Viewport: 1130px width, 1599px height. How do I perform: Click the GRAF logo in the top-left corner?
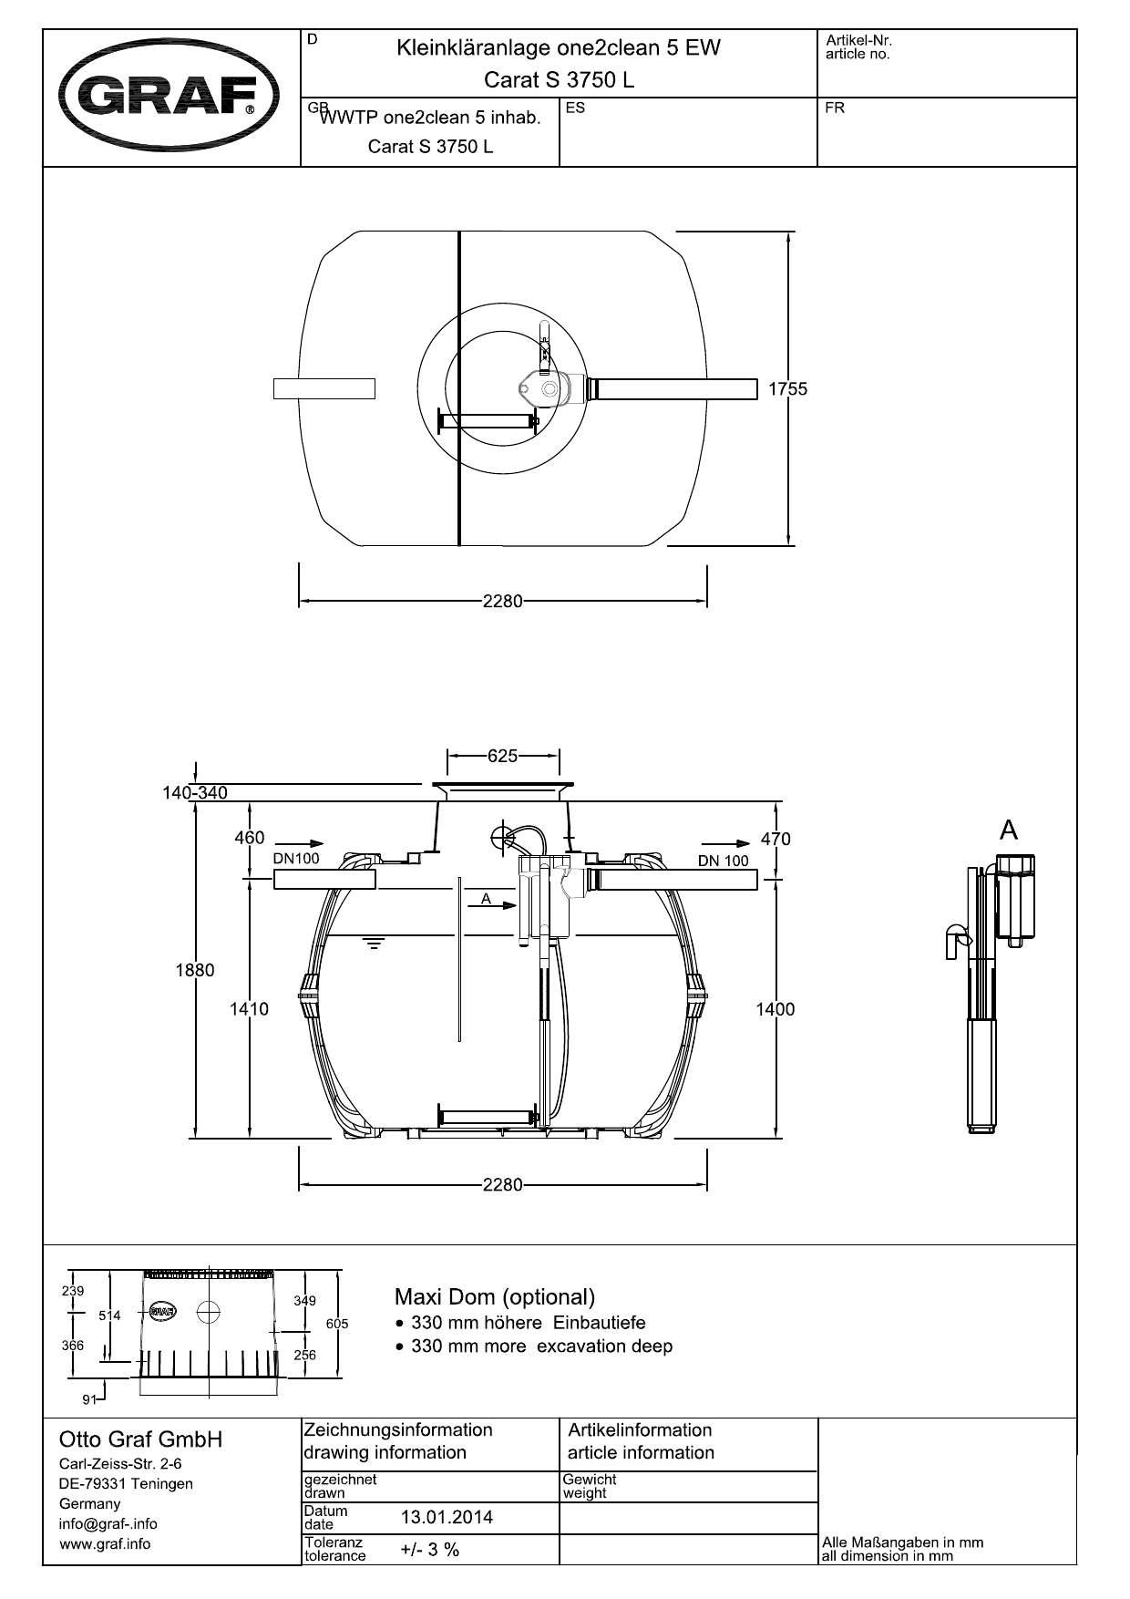[x=169, y=96]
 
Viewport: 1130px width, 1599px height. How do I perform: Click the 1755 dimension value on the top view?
[x=787, y=389]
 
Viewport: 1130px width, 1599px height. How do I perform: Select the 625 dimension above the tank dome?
[x=503, y=756]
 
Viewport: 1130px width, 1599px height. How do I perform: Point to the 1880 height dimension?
[x=195, y=970]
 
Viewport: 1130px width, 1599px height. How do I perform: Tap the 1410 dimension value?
[x=249, y=1009]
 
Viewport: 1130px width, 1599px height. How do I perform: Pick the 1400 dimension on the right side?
[x=776, y=1009]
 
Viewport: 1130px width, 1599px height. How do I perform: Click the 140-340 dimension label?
[x=195, y=793]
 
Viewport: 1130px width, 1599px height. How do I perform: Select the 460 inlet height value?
[x=250, y=838]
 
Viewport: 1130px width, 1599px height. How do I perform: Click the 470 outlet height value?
[x=776, y=839]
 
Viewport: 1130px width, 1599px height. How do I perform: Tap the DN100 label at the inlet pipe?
[x=296, y=859]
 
